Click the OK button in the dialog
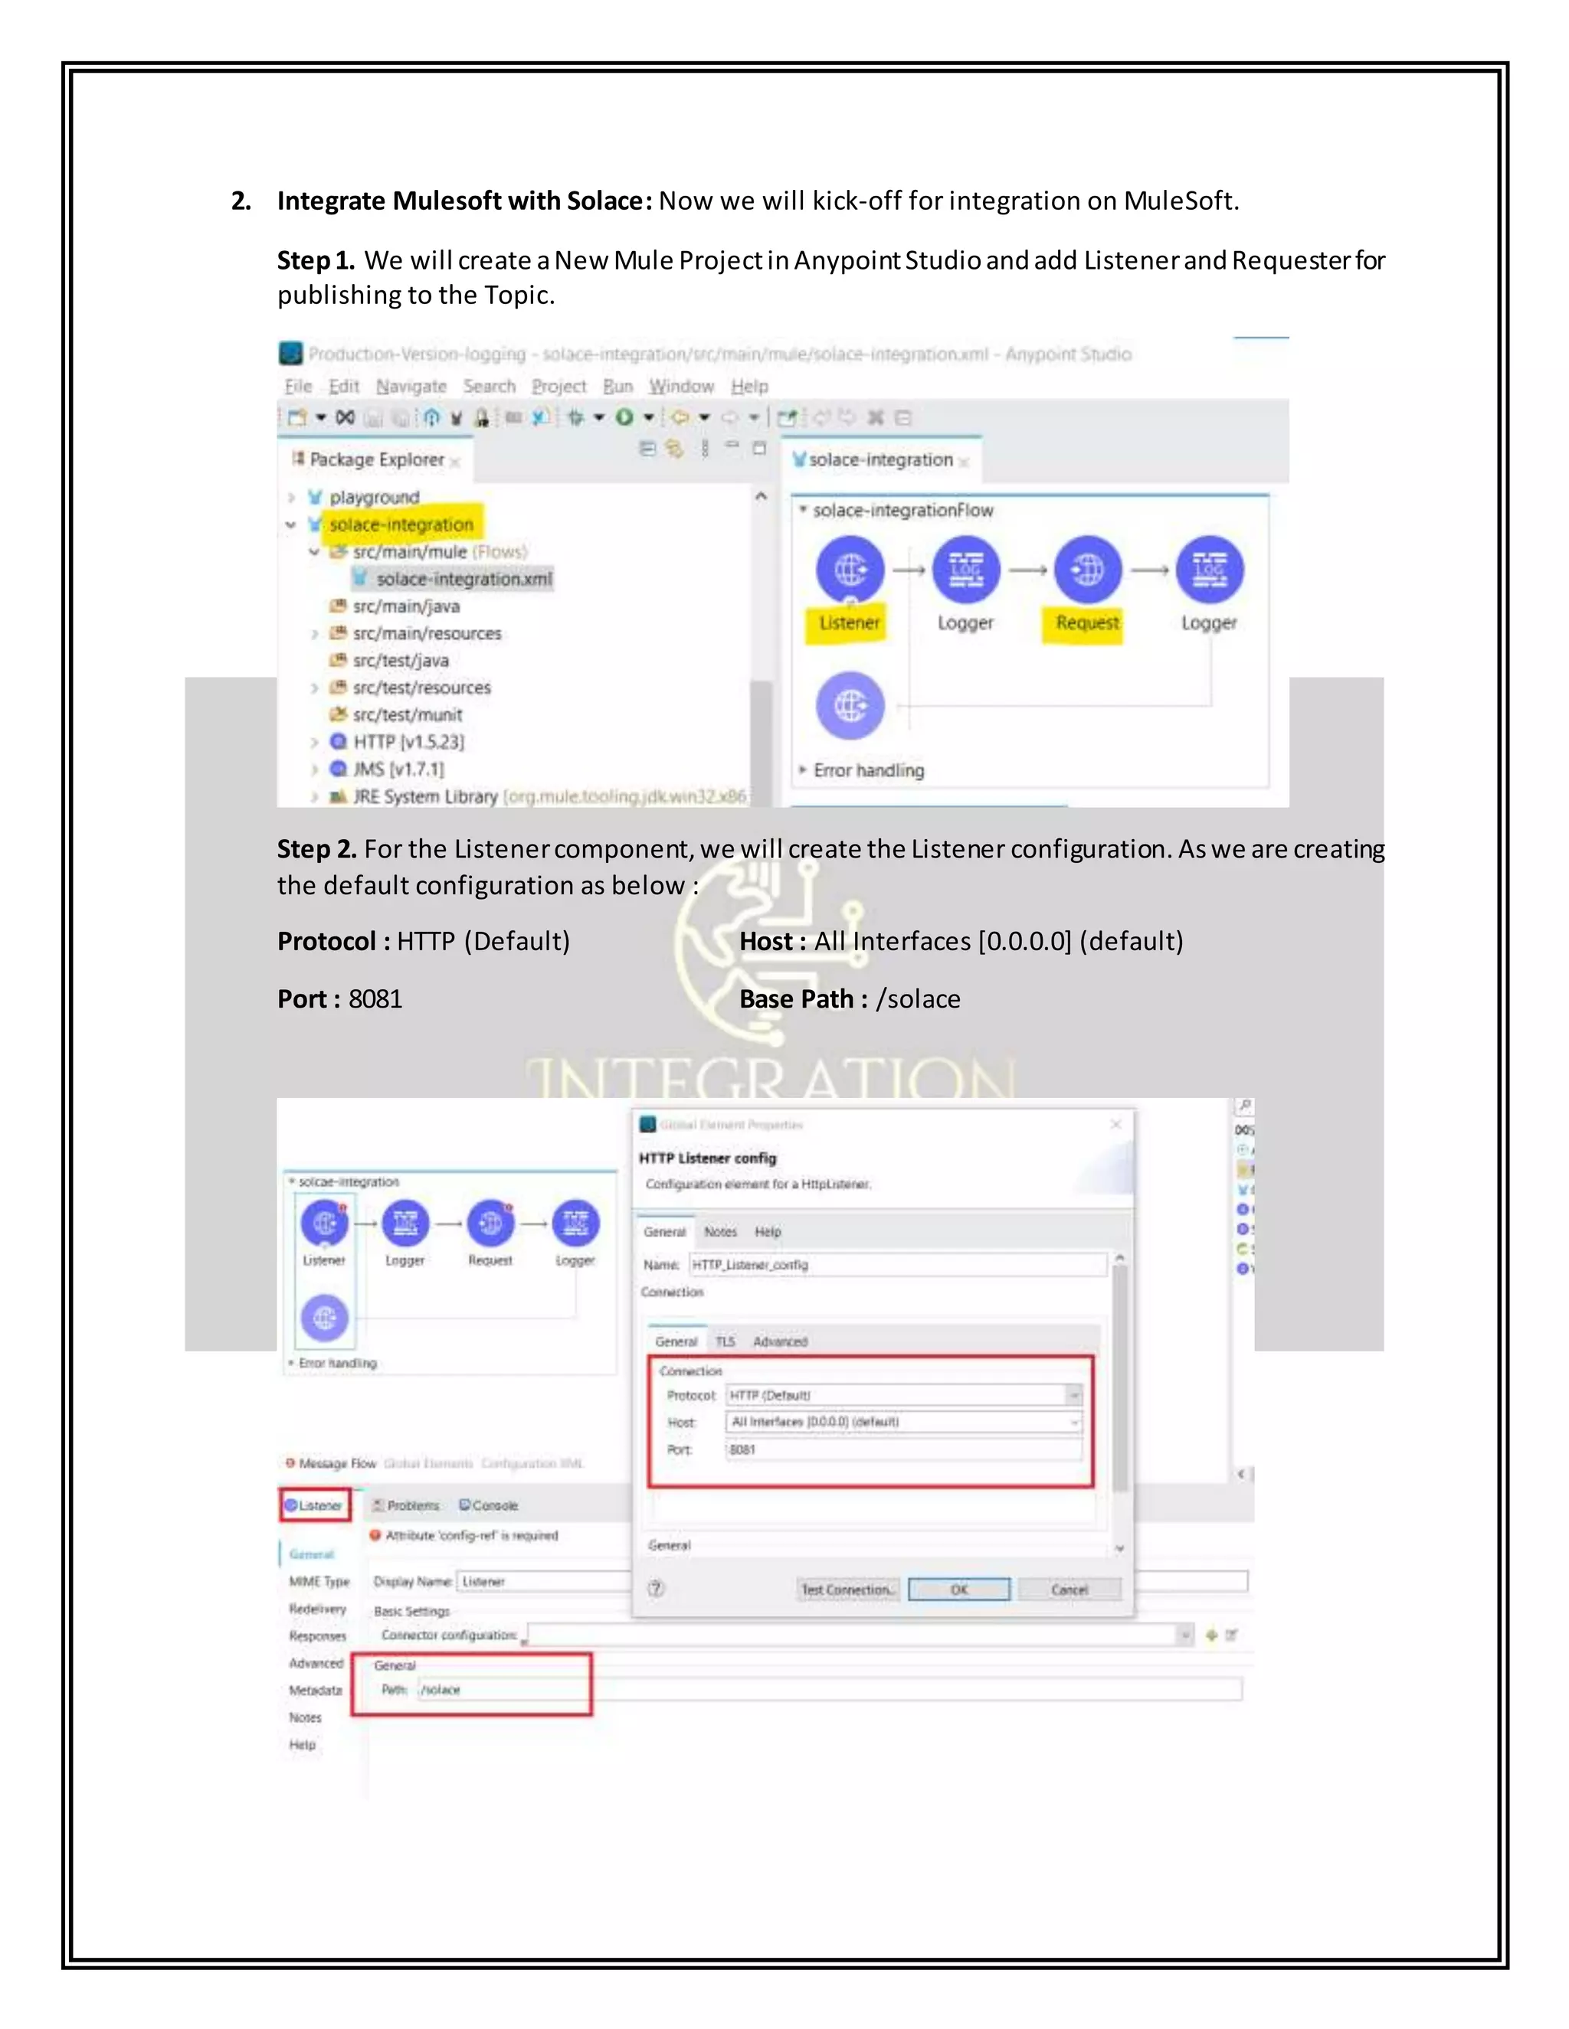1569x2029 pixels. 958,1590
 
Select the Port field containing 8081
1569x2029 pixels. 902,1449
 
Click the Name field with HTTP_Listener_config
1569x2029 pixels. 897,1264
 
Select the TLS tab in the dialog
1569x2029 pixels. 725,1341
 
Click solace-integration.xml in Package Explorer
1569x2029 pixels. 463,579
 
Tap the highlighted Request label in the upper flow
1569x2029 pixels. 1086,622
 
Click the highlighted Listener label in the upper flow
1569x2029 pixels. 849,622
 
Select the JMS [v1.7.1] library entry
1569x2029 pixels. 398,769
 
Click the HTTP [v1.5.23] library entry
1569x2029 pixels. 407,741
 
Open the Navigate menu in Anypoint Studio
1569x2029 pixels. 411,387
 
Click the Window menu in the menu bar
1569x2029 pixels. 681,387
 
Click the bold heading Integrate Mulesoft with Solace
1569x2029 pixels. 463,201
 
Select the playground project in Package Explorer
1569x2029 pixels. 374,497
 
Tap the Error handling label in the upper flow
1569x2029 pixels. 868,770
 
